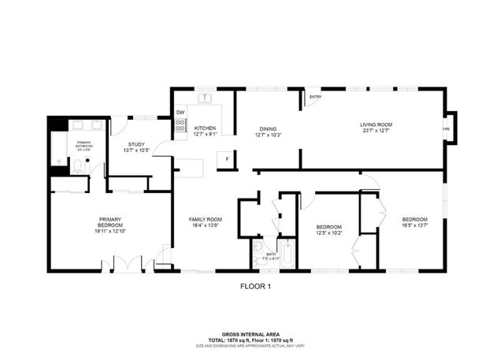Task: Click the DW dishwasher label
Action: (180, 113)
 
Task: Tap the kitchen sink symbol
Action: (206, 98)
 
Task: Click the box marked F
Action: (226, 158)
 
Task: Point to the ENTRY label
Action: (315, 98)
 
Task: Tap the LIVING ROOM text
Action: (376, 124)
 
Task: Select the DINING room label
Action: (268, 129)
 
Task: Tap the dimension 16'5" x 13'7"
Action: (414, 225)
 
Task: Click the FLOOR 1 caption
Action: (255, 287)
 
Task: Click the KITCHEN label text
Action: (205, 128)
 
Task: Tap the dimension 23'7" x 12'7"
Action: (376, 131)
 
